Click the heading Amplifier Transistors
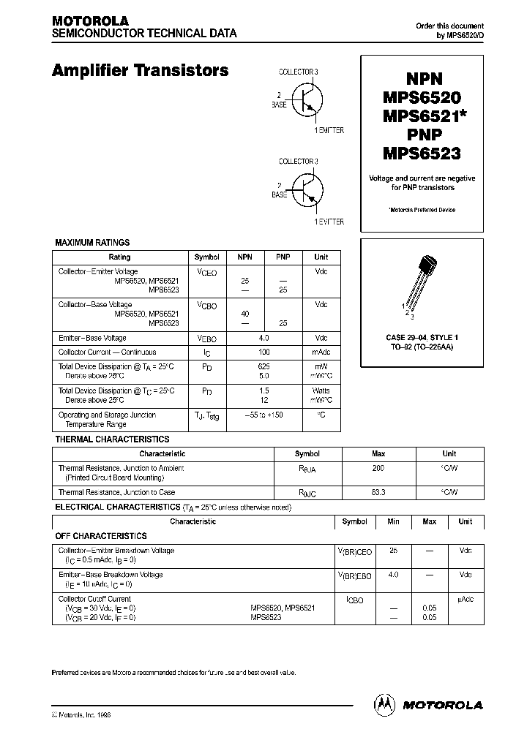click(x=140, y=71)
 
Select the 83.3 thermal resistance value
click(x=378, y=492)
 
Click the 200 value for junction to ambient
click(x=378, y=468)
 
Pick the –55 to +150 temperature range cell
click(x=263, y=415)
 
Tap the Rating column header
click(x=119, y=257)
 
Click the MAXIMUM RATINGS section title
click(x=92, y=242)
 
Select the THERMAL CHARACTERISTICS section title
click(x=113, y=439)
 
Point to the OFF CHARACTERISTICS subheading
click(x=101, y=536)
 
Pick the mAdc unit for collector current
click(x=321, y=352)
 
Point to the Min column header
click(x=393, y=521)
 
